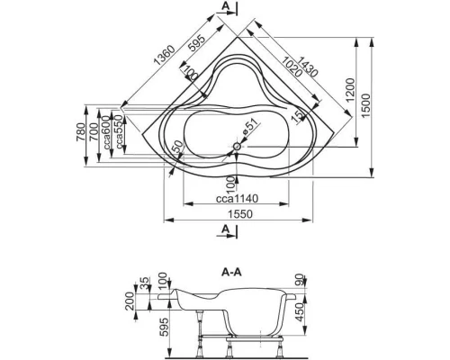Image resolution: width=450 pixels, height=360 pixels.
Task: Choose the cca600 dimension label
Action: tap(106, 130)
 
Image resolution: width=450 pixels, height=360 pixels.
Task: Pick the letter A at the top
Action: tap(222, 7)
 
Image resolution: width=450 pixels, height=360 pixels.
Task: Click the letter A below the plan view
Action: tap(222, 229)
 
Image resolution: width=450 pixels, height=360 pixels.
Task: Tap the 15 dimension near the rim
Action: tap(294, 114)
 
